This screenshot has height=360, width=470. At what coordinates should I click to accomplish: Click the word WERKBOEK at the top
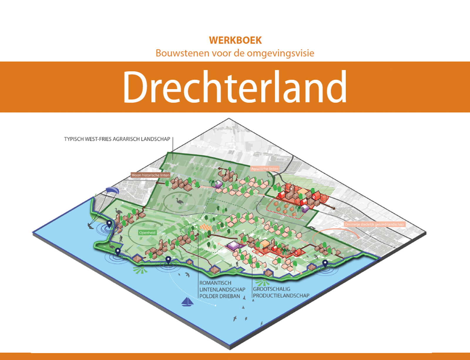pos(235,40)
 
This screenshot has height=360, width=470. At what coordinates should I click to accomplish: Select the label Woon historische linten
pos(150,175)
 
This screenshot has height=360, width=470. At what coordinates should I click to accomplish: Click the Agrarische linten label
pos(264,169)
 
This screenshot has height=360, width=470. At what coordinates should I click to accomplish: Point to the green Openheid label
pos(147,232)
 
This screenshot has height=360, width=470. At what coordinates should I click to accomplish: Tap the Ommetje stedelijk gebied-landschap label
pos(374,224)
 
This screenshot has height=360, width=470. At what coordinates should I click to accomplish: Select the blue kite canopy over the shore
pos(111,190)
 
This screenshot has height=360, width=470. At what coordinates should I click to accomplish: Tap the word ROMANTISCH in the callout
pos(215,283)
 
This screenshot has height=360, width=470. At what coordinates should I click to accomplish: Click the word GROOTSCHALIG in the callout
pos(271,289)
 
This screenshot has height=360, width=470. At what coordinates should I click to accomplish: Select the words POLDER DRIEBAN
pos(219,296)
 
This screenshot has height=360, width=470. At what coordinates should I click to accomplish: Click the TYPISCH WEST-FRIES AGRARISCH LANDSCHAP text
pos(117,139)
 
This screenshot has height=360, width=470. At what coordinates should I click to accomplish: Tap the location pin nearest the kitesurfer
pos(109,224)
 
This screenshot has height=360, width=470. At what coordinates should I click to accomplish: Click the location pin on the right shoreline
pos(325,263)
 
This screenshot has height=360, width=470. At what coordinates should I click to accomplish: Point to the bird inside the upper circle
pos(179,201)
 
